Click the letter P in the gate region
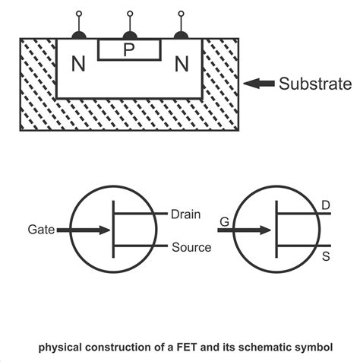(x=129, y=50)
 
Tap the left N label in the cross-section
(x=78, y=65)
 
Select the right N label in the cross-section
(x=181, y=65)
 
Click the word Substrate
(x=314, y=82)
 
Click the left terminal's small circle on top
(x=78, y=14)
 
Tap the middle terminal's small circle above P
(x=130, y=14)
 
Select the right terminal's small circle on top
(x=181, y=14)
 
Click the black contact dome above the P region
(x=130, y=34)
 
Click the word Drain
(x=187, y=214)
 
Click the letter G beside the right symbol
(x=224, y=222)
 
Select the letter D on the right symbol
(x=326, y=205)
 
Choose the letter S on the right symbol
(x=326, y=256)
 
